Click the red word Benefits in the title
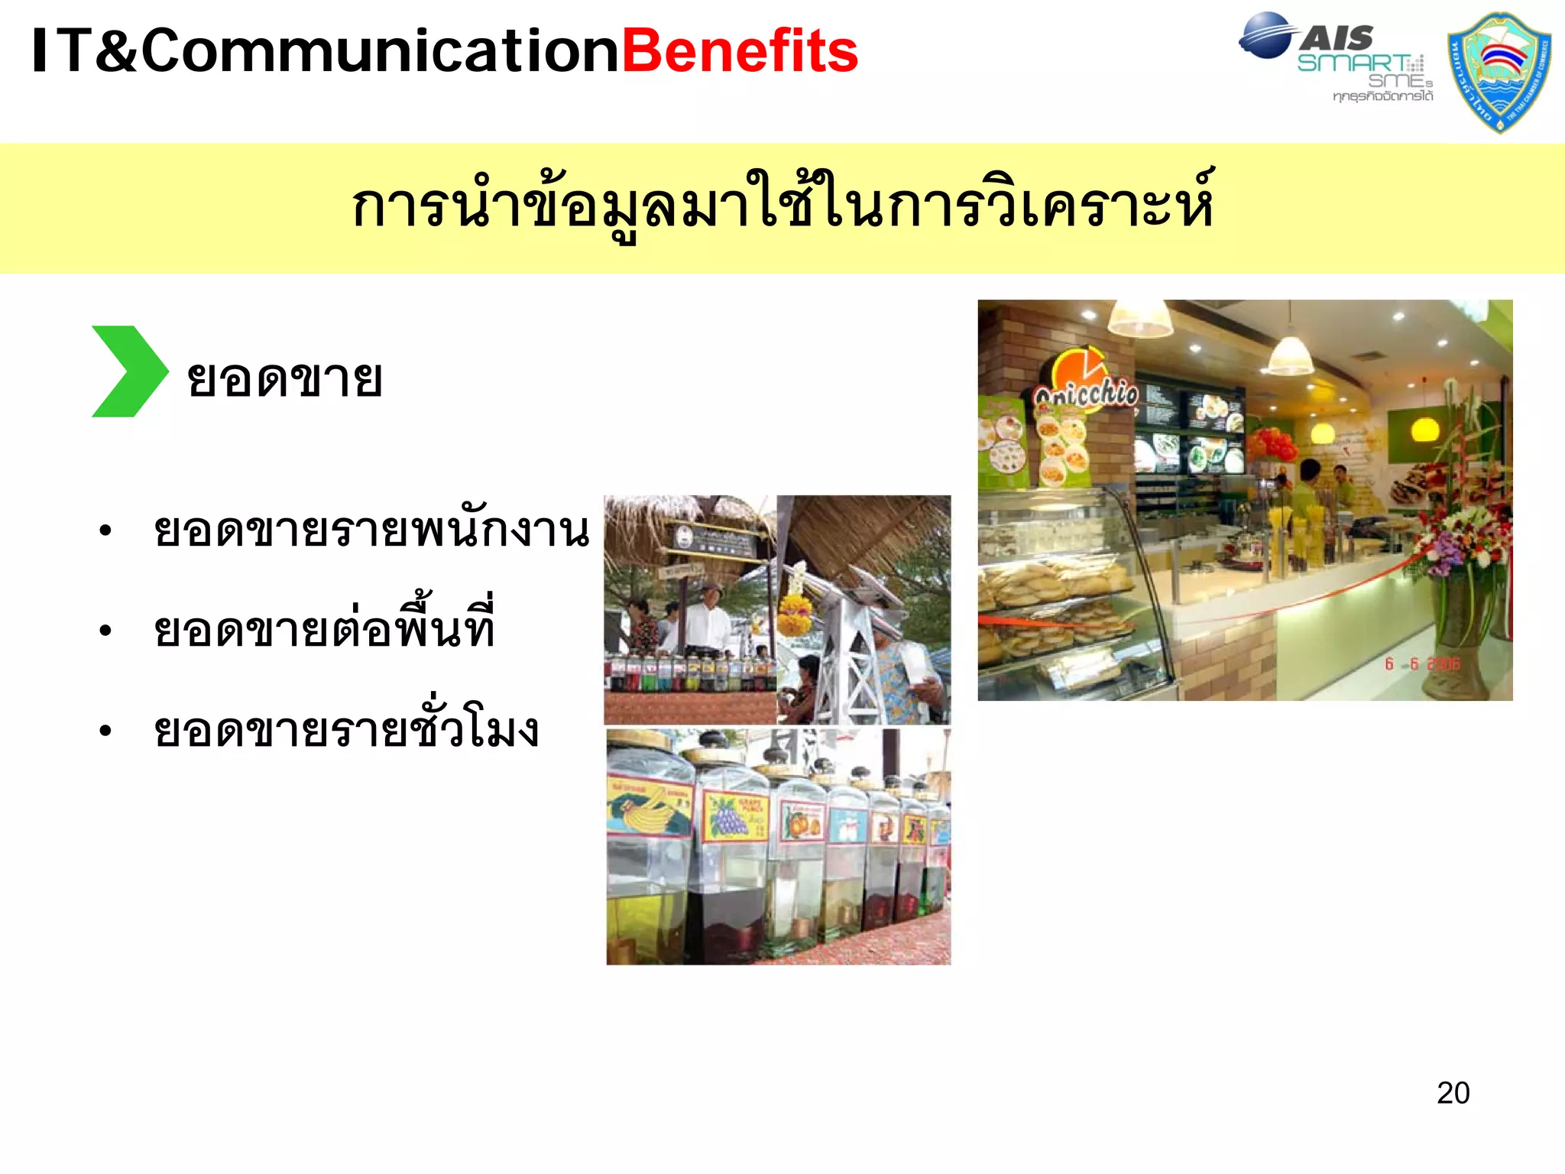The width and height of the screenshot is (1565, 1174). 740,52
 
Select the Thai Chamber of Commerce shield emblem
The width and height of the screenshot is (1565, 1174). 1499,71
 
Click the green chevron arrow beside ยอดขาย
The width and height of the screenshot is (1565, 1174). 128,371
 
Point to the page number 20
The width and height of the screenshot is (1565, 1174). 1453,1093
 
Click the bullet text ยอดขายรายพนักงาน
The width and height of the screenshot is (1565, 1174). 371,530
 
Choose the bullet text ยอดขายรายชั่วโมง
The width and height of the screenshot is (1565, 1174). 346,729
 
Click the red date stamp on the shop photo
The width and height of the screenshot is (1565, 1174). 1422,663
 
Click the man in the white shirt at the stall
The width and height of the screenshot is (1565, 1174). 708,619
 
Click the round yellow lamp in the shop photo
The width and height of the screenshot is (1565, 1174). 1424,429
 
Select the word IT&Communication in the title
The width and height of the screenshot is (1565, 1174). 326,52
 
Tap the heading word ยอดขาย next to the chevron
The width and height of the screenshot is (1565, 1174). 284,378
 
